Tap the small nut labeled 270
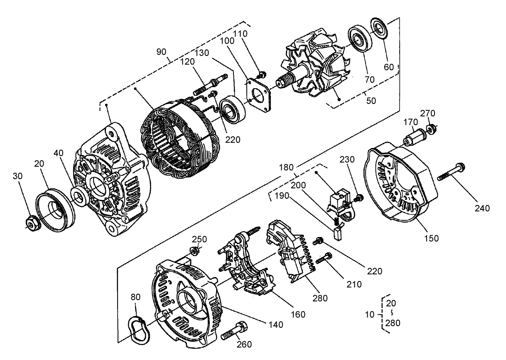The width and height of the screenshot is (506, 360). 431,129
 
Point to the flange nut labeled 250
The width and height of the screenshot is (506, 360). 193,251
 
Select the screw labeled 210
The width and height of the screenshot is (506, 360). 324,258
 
